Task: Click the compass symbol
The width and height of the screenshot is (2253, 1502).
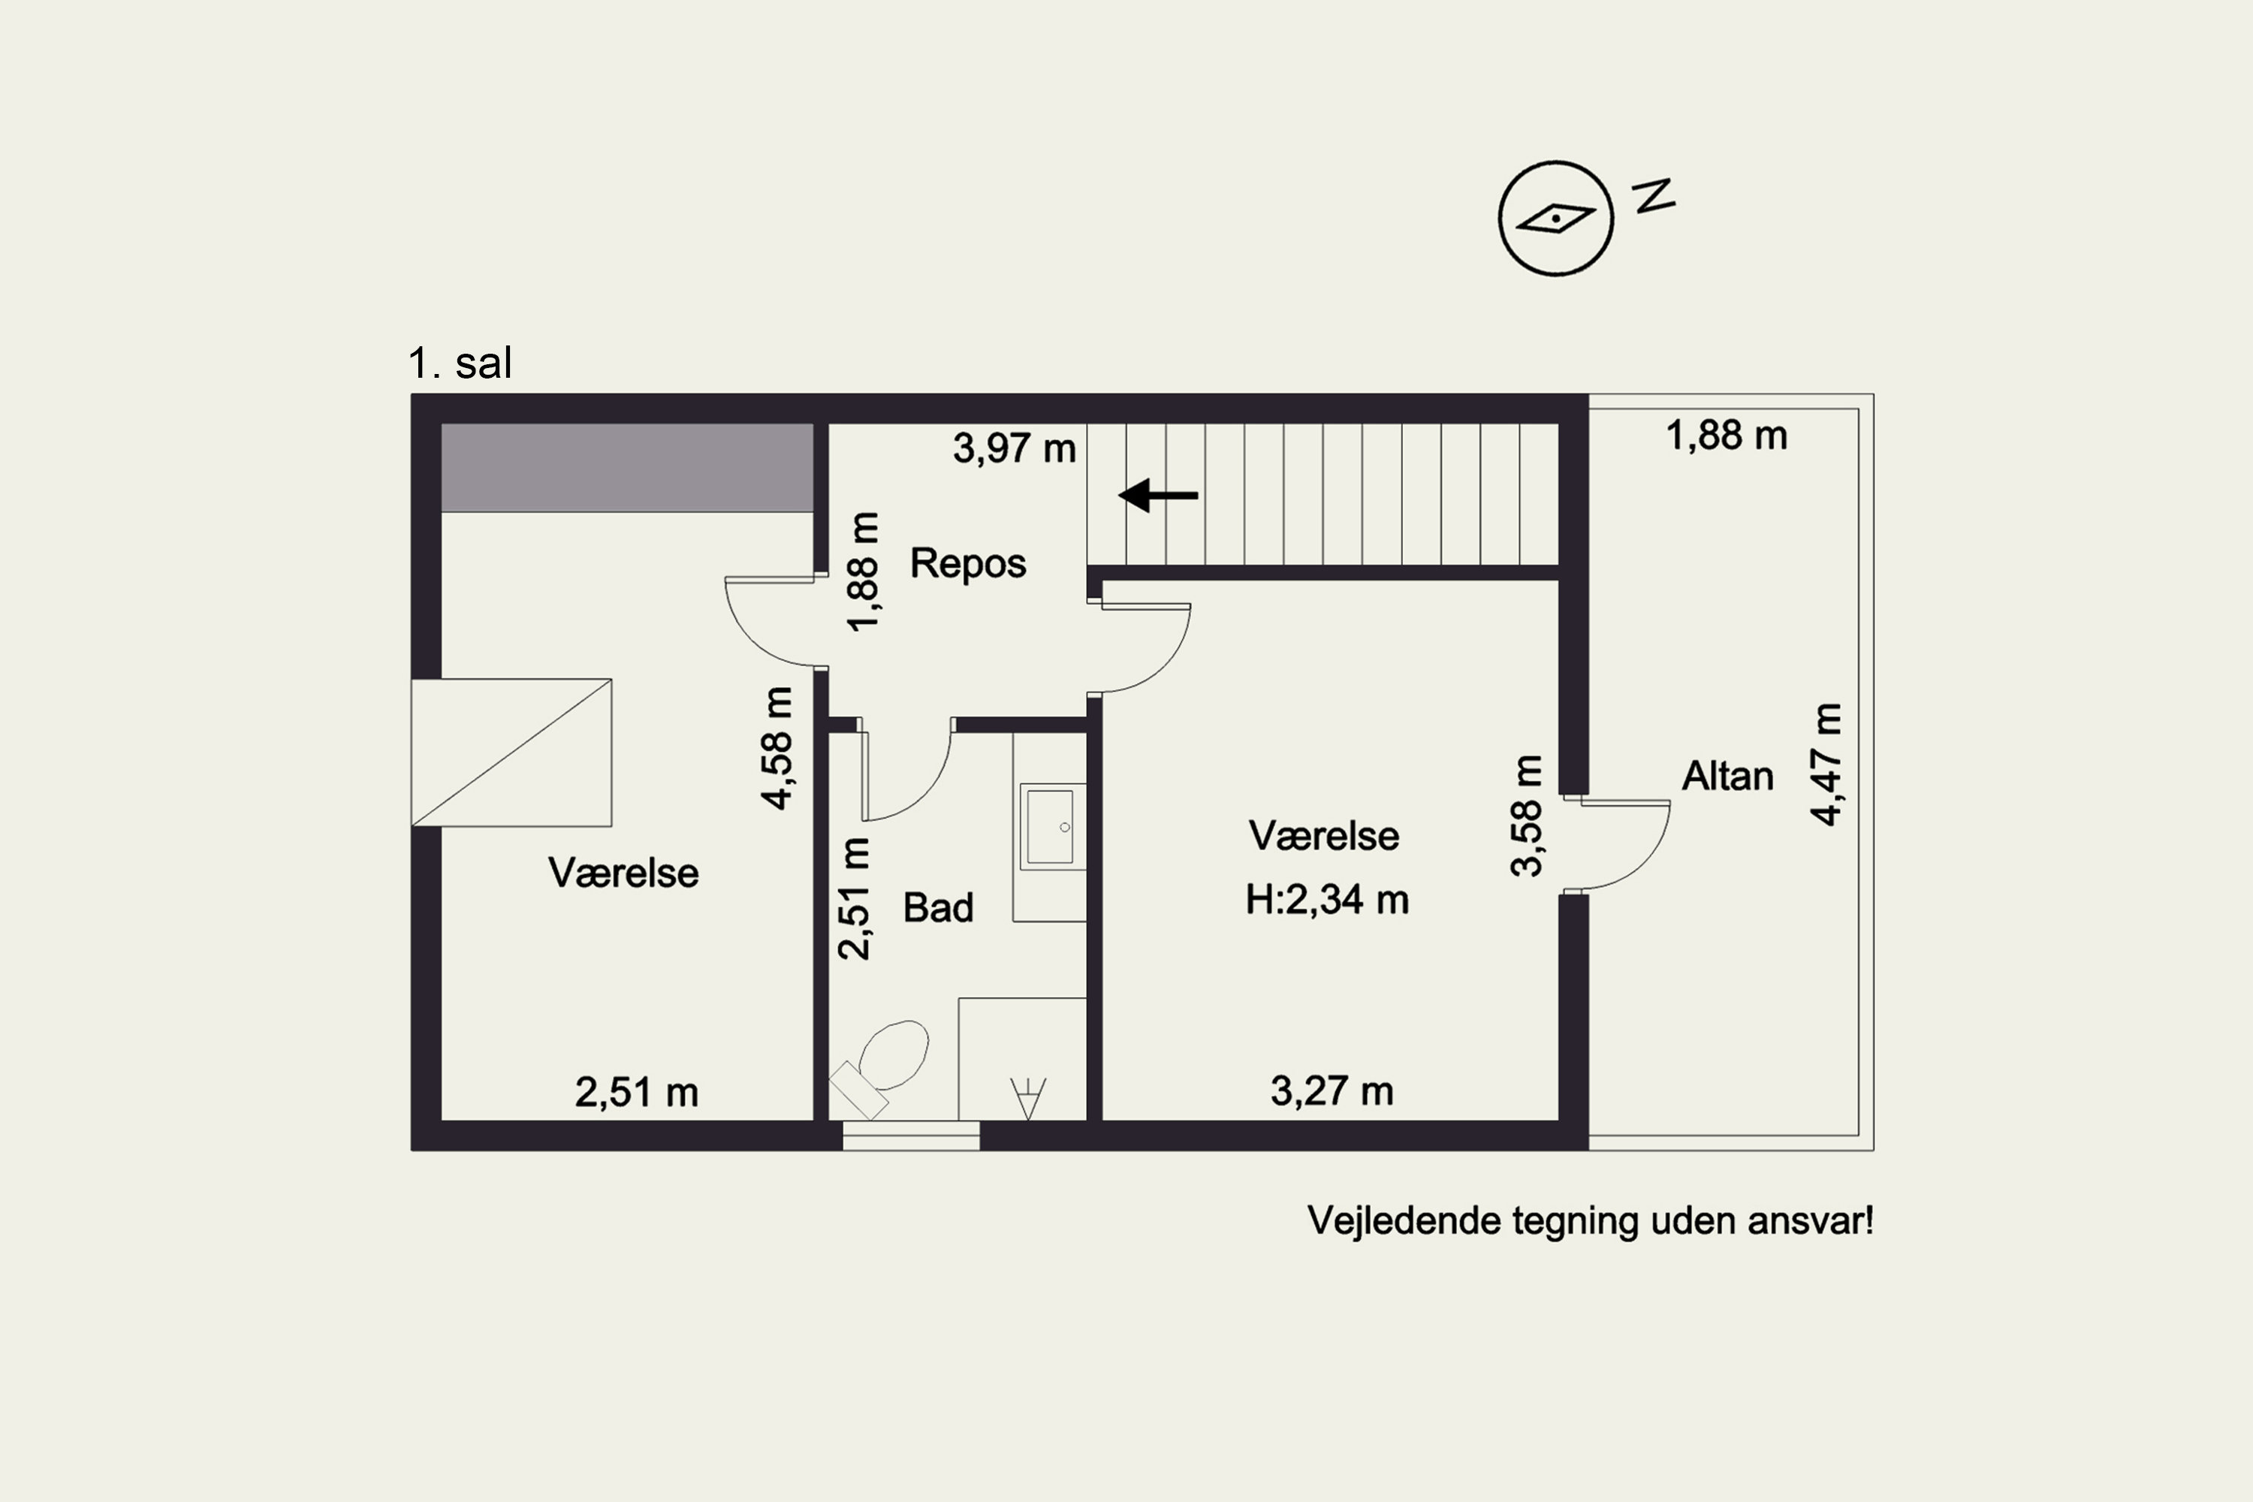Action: coord(1555,219)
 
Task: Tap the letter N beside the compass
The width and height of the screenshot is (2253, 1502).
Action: coord(1654,195)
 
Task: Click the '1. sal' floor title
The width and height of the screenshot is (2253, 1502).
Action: coord(460,363)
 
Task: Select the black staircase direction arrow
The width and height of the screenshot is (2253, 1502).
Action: coord(1158,495)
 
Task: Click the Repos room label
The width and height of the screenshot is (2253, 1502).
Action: coord(967,563)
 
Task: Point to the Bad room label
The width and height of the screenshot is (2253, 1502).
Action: coord(938,907)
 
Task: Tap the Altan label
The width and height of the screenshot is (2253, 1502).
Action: coord(1727,776)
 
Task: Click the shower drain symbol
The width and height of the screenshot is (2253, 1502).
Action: coord(1028,1098)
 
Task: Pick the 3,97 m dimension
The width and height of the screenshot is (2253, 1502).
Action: coord(1015,448)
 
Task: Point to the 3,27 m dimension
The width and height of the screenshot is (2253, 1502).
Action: coord(1332,1091)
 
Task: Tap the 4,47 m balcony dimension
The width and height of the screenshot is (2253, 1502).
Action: coord(1826,765)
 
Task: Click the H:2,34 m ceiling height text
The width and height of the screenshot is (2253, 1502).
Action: coord(1327,900)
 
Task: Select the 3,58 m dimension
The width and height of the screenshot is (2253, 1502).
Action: coord(1527,816)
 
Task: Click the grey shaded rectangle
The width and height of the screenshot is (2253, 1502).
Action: coord(627,467)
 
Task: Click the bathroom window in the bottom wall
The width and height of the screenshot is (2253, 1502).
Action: coord(911,1136)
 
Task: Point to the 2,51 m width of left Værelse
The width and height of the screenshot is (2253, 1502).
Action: coord(636,1093)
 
